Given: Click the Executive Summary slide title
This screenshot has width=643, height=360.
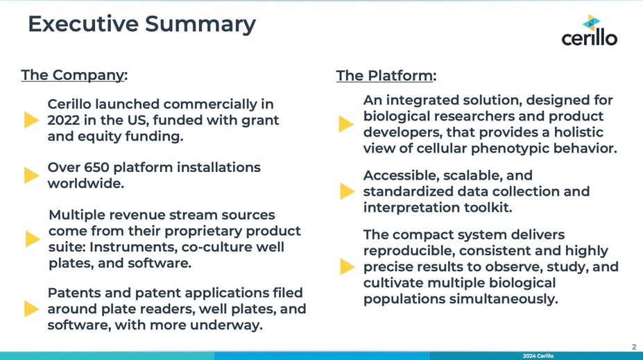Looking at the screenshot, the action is [x=142, y=24].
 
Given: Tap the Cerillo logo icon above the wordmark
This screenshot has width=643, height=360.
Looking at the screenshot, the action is [x=592, y=22].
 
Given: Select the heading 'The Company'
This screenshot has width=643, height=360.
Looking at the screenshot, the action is [x=73, y=75].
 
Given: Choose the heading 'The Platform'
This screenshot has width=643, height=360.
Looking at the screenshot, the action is [x=384, y=76].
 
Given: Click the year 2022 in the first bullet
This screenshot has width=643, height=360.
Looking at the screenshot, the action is [x=62, y=120].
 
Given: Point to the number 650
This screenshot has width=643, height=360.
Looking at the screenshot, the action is [x=96, y=167].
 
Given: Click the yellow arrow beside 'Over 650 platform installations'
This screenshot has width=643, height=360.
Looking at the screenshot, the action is [x=32, y=175].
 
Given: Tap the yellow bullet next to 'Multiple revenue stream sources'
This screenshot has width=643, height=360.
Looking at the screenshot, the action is [x=33, y=239].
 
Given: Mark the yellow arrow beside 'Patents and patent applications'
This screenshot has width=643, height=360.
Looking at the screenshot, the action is [x=32, y=309].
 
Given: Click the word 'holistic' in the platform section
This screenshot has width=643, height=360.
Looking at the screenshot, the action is [x=578, y=132].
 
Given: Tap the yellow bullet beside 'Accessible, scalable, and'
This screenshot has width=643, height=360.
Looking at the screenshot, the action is [x=348, y=191].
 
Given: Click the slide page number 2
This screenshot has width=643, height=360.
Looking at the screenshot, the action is [x=634, y=347].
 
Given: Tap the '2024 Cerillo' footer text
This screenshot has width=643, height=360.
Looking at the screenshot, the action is [x=538, y=356].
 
